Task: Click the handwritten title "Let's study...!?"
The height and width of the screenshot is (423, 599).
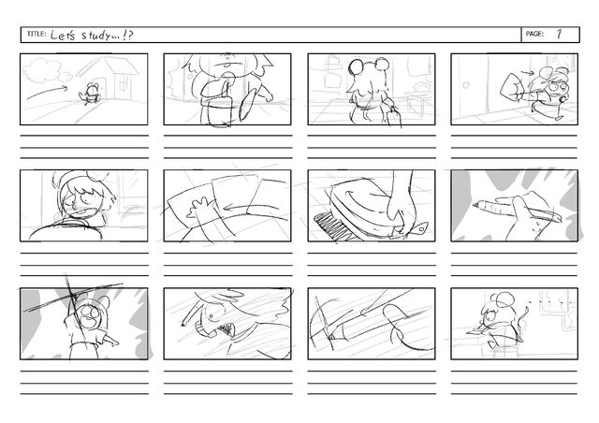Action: tap(92, 36)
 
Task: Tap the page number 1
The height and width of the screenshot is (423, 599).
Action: tap(559, 34)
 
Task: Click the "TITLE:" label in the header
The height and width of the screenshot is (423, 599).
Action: tap(37, 34)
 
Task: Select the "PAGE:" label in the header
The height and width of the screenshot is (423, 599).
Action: tap(534, 34)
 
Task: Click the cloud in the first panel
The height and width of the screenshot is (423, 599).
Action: tap(45, 71)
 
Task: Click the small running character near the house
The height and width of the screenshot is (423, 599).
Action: tap(91, 94)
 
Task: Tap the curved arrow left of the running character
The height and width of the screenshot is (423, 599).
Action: tap(47, 92)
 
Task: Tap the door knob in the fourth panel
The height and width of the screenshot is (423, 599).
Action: tap(465, 85)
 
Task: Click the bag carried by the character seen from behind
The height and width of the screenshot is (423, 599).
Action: tap(393, 118)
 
